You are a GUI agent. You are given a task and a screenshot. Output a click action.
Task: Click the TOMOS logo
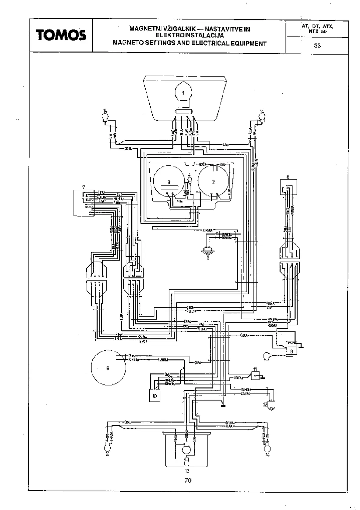[61, 35]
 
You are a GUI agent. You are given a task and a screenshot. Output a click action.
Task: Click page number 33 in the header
[317, 46]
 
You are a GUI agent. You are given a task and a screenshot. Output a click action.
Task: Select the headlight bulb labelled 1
[183, 93]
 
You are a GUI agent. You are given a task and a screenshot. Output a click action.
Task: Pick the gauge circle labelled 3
[169, 182]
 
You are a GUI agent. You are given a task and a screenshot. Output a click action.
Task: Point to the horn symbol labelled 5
[208, 251]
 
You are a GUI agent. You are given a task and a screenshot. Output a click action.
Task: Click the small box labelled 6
[288, 187]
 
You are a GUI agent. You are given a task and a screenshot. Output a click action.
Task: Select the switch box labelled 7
[84, 203]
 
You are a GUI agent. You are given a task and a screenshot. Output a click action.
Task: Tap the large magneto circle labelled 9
[108, 368]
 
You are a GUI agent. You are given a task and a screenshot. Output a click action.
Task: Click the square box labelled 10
[154, 396]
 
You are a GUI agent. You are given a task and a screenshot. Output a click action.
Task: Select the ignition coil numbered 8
[291, 348]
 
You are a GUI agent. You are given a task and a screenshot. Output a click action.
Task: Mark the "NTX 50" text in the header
[317, 31]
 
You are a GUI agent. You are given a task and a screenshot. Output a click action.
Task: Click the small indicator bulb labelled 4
[189, 180]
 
